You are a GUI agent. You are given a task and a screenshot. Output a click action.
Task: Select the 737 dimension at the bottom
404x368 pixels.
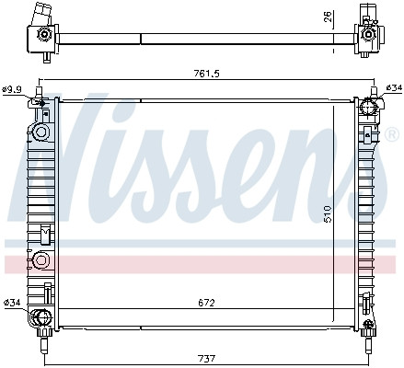point(206,357)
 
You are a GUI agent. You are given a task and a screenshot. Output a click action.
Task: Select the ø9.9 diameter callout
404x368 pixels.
point(12,88)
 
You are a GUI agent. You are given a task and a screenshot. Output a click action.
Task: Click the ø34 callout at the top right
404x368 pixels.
point(393,87)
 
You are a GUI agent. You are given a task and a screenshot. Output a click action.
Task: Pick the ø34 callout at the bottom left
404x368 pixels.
point(12,303)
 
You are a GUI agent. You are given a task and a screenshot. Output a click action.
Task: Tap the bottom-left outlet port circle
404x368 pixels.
point(40,319)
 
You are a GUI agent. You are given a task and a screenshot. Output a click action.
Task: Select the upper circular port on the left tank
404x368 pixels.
point(40,132)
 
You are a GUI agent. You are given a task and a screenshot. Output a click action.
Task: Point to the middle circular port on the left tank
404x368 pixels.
point(40,261)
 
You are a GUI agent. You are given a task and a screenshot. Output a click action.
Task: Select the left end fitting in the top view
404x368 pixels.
point(42,35)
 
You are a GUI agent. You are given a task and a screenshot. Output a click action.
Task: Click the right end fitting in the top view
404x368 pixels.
point(369,35)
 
